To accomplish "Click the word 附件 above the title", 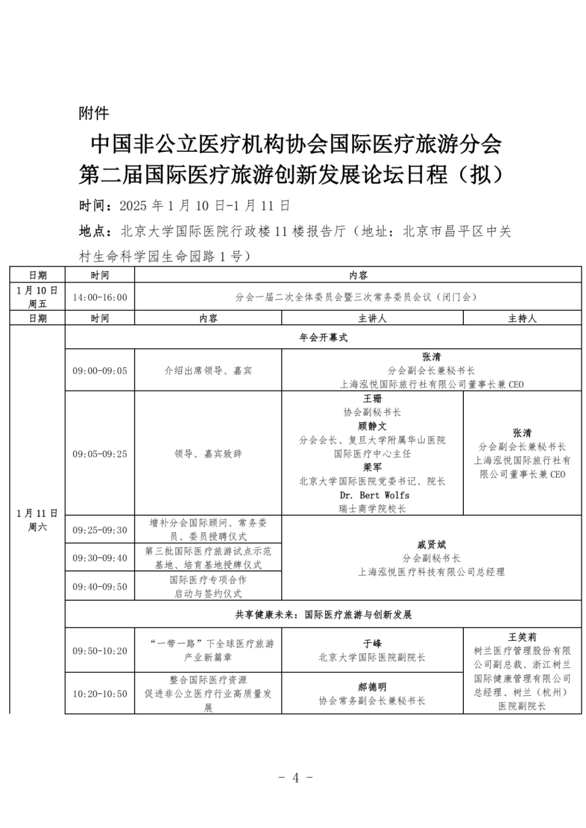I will [x=94, y=113].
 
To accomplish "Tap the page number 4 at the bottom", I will [x=296, y=778].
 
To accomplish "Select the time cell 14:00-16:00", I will [x=100, y=297].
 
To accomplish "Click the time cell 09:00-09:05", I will [x=100, y=371].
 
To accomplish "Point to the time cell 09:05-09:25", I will [x=100, y=454].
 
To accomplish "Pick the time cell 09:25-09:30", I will [x=100, y=530].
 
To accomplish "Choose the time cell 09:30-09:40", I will [x=100, y=558].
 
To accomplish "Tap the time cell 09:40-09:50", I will [x=100, y=587].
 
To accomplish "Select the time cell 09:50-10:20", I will [x=100, y=651].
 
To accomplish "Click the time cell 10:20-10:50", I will [x=100, y=694].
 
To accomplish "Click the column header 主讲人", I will [x=372, y=318].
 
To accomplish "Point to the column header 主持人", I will [x=522, y=318].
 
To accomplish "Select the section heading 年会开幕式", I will [x=323, y=337].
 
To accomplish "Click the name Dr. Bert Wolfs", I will [x=374, y=495].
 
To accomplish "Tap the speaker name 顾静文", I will [x=372, y=426].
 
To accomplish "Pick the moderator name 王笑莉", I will [x=522, y=637].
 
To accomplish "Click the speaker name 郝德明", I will [x=372, y=687].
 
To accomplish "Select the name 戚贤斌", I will [x=431, y=544].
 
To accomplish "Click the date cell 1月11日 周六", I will [x=37, y=519].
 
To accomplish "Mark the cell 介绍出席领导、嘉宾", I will [x=208, y=371].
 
